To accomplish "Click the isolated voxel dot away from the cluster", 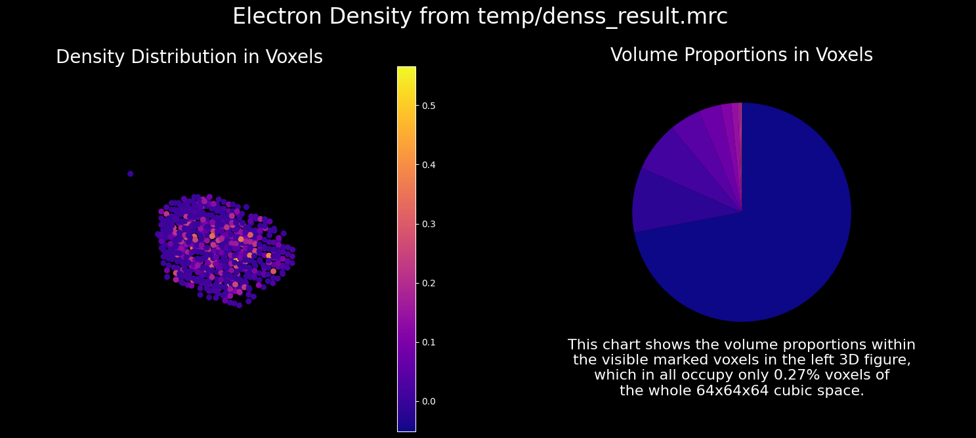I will (130, 174).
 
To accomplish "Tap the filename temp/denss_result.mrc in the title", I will (603, 17).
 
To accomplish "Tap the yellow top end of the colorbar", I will (406, 70).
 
